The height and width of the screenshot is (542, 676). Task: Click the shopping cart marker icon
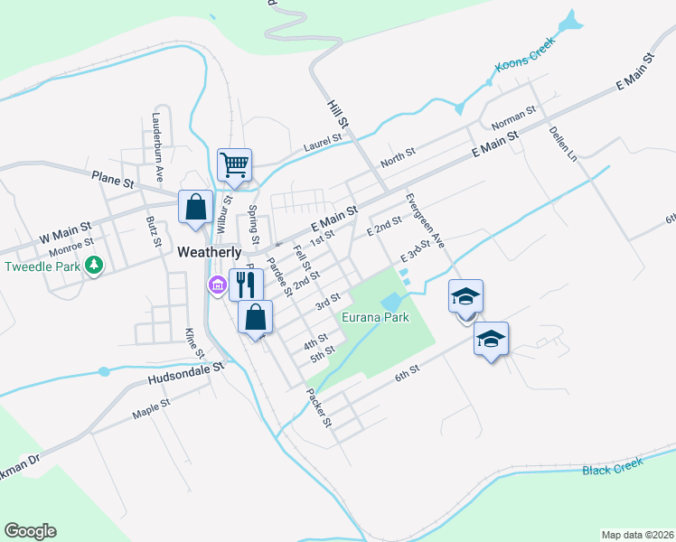coord(234,165)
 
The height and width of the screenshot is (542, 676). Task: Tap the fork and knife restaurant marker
coord(245,285)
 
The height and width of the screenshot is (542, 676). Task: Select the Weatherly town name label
coord(210,253)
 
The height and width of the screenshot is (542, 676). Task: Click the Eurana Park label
coord(375,317)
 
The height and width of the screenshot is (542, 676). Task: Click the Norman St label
coord(513,117)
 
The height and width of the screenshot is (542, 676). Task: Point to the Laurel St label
coord(323,140)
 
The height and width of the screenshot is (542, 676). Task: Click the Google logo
coord(30,531)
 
